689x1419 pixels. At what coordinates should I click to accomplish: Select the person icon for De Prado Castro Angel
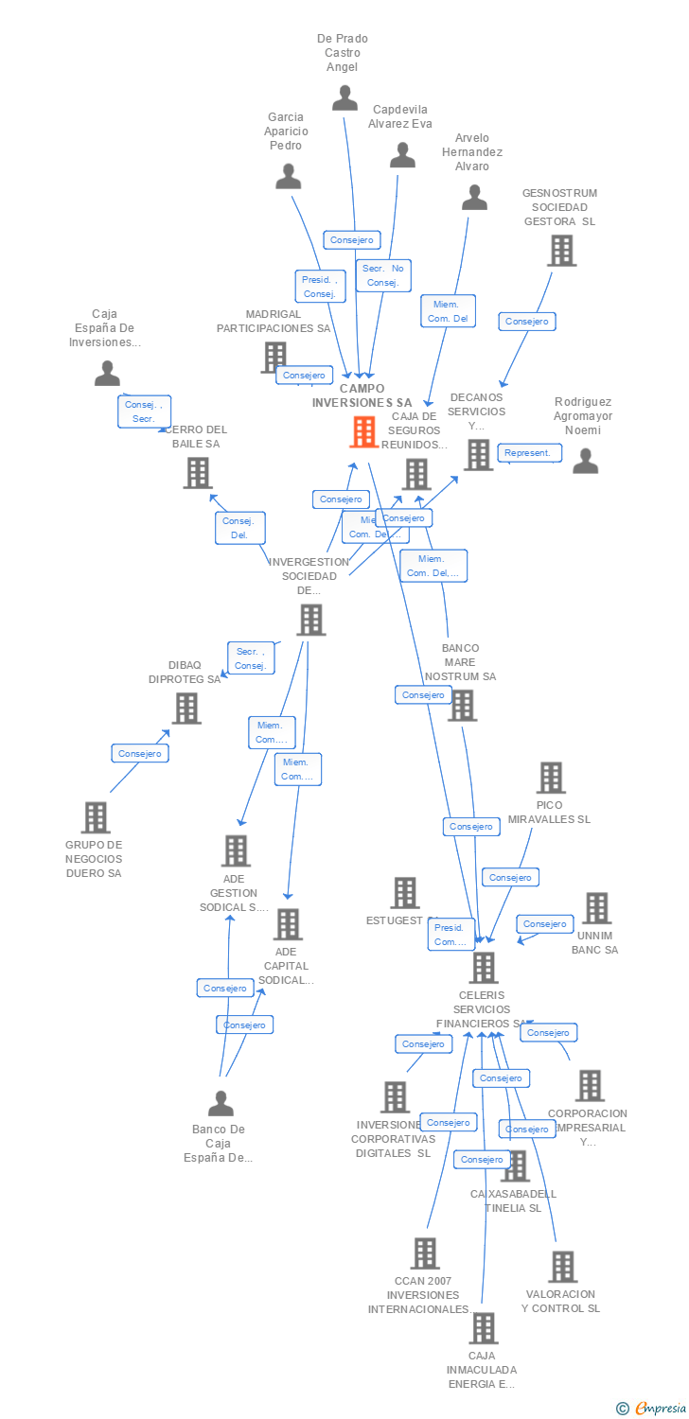pos(344,97)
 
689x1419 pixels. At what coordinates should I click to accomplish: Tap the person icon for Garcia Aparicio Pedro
pos(288,176)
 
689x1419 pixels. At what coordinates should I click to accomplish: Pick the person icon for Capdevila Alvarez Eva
pos(403,155)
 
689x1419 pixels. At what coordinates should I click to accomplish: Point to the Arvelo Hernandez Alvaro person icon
pos(474,197)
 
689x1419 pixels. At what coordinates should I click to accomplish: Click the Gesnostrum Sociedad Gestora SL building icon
pos(561,251)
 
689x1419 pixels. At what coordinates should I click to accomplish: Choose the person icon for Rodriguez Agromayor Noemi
pos(586,461)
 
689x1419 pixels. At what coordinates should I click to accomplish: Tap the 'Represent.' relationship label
pos(528,453)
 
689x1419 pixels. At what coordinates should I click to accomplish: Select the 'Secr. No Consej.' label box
pos(382,275)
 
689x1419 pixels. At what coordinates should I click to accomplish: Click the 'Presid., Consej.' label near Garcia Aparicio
pos(320,286)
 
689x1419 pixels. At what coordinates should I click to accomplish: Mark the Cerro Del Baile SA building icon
pos(198,473)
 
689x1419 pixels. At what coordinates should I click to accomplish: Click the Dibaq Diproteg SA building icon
pos(186,708)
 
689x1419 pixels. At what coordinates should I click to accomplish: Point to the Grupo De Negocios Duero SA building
pos(95,817)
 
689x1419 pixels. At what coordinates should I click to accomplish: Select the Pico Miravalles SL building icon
pos(551,778)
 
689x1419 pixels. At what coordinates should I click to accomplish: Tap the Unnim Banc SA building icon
pos(596,908)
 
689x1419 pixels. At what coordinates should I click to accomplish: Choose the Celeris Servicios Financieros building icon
pos(484,968)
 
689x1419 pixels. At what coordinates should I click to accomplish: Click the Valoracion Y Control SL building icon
pos(562,1267)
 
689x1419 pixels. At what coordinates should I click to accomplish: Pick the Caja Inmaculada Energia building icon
pos(483,1328)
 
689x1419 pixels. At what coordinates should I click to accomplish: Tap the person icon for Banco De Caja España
pos(221,1103)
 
